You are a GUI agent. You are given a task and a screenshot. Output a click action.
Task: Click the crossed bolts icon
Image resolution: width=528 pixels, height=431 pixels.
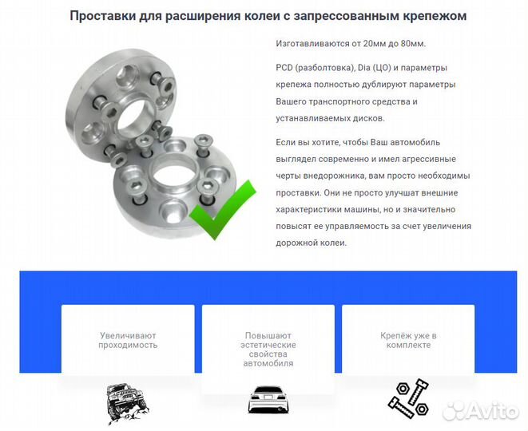click(x=408, y=397)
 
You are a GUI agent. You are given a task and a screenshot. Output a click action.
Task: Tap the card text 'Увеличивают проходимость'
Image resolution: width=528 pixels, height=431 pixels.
click(x=128, y=340)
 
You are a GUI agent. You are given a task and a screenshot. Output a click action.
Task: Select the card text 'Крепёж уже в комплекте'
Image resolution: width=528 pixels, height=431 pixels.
click(x=408, y=340)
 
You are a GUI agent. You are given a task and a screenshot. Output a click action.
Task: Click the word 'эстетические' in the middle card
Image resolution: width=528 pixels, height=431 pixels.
click(x=268, y=345)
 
